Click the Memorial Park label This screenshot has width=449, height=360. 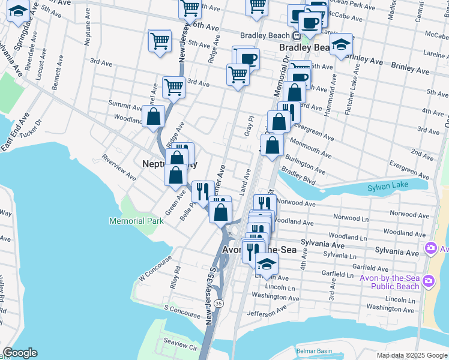[x=136, y=221]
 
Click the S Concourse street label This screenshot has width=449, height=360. [x=182, y=311]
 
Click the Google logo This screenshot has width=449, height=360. [x=20, y=353]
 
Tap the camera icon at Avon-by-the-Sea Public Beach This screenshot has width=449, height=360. [x=429, y=280]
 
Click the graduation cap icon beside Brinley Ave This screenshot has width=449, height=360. [x=341, y=44]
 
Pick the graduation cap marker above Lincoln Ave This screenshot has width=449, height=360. [x=267, y=263]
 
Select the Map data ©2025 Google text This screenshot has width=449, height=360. [x=412, y=355]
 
